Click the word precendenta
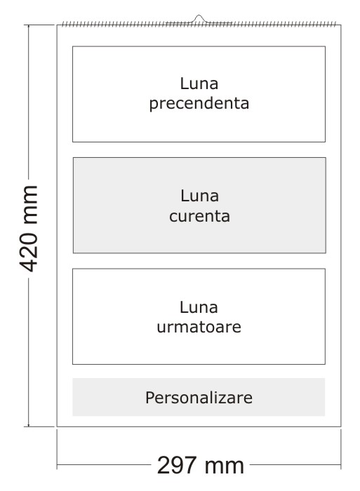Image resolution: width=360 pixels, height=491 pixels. click(x=199, y=104)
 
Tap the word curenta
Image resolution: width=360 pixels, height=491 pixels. click(x=199, y=216)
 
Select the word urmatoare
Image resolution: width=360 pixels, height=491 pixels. click(x=199, y=327)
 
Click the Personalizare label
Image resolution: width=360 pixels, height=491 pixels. click(x=199, y=398)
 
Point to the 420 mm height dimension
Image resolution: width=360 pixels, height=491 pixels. click(x=29, y=229)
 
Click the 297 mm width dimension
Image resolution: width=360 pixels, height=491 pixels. click(x=201, y=466)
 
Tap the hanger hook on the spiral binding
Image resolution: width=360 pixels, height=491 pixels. click(x=199, y=18)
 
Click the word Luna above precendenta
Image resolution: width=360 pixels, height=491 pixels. click(x=199, y=83)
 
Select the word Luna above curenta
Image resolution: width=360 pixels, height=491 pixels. click(x=199, y=196)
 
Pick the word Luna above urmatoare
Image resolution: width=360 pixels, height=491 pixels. click(x=199, y=307)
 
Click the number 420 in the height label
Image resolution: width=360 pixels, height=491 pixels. click(x=29, y=252)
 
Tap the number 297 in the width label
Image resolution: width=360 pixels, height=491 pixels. click(x=177, y=466)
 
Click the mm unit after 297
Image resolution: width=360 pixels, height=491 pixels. click(x=225, y=466)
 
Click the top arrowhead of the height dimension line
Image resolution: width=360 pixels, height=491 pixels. click(x=29, y=25)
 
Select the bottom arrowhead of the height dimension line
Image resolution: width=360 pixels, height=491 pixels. click(x=29, y=426)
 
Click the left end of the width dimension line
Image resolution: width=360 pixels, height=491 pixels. click(x=57, y=465)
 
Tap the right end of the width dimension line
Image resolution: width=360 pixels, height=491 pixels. click(x=341, y=465)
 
